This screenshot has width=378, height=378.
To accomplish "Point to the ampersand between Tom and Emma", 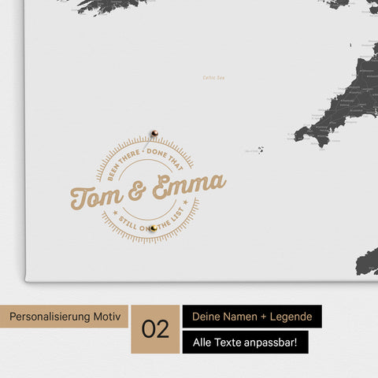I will coord(137,191).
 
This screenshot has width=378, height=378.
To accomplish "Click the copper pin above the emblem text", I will coord(155,133).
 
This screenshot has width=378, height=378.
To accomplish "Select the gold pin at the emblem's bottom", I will coord(154,228).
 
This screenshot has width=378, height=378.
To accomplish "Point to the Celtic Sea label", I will coord(213,77).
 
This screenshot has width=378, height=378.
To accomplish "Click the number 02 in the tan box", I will coord(155,328).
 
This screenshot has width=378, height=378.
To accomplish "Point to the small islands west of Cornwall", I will coord(258,149).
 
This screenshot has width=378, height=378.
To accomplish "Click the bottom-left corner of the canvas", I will coord(27,280).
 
